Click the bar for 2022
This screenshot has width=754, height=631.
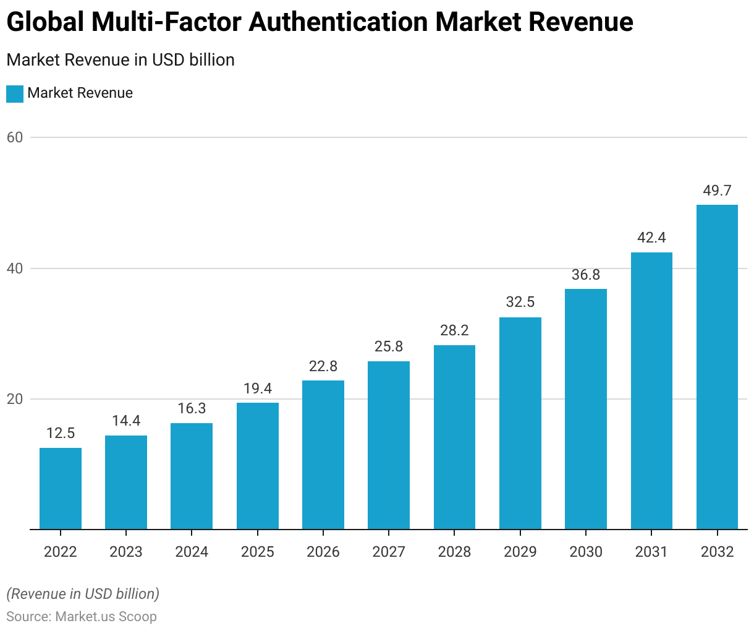61,489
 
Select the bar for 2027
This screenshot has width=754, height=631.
389,445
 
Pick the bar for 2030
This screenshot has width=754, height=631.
586,409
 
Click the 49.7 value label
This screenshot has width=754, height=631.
717,191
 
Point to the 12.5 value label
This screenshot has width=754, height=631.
61,433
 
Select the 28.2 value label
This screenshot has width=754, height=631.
454,330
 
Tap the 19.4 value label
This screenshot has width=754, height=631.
258,388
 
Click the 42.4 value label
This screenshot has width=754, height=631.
651,238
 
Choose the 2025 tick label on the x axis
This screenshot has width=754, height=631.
258,552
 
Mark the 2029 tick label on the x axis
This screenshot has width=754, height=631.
520,552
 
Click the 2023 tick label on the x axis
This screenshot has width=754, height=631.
126,552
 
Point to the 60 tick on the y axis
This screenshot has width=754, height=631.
15,137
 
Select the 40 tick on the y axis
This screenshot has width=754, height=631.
15,268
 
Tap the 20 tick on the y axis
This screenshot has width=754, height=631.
15,399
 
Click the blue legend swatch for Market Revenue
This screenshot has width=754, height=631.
15,93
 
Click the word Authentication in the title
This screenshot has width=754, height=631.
338,22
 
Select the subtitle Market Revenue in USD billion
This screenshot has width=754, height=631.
121,60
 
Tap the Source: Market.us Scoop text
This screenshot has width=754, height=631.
82,617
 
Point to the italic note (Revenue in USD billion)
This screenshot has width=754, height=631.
83,594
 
